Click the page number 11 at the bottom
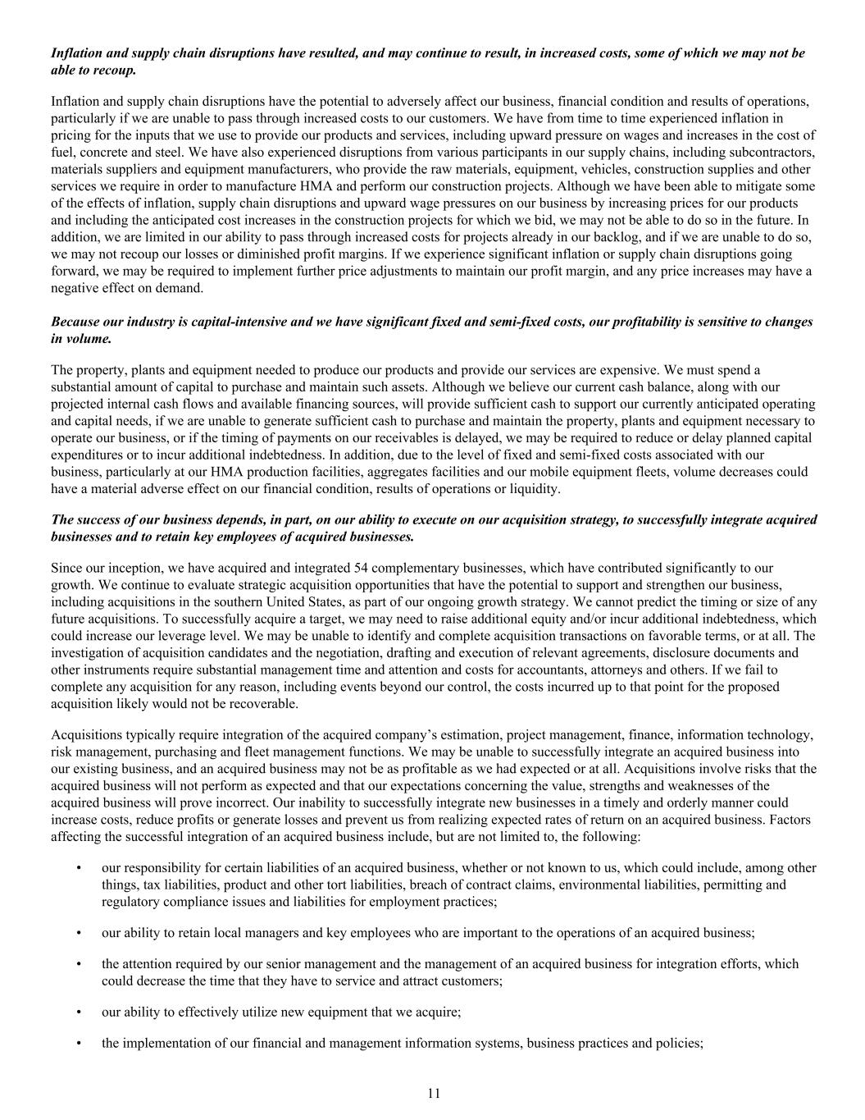coord(434,1093)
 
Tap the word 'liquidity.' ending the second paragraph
coord(533,489)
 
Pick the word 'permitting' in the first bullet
coord(758,885)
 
